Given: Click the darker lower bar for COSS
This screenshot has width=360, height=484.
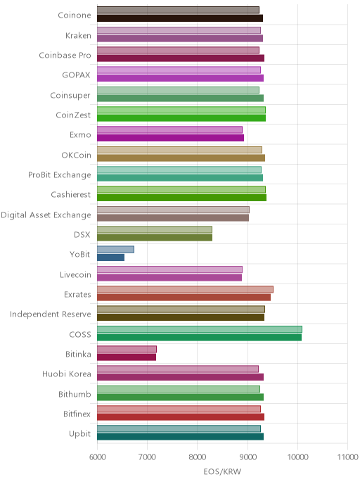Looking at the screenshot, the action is (x=199, y=337).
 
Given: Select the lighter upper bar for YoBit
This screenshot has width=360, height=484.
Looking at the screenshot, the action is (x=115, y=250).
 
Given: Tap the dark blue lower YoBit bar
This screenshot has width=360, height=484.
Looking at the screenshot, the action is (x=111, y=257).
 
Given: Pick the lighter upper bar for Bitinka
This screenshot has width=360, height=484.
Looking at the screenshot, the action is (x=127, y=349).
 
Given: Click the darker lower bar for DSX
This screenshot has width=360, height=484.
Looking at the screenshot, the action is (x=155, y=238).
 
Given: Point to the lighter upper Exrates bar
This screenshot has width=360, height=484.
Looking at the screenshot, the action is (x=185, y=289).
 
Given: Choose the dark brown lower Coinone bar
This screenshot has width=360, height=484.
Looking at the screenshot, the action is (x=180, y=18).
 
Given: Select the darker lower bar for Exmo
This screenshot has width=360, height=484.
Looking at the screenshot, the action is (x=170, y=138).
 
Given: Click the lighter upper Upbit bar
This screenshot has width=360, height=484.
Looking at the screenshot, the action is (x=179, y=428).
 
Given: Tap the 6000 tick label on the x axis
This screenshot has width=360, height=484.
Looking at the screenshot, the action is (x=98, y=457).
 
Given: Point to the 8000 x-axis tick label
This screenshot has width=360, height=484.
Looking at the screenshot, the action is (x=198, y=457).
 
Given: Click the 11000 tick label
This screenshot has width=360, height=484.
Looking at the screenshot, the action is (x=347, y=457).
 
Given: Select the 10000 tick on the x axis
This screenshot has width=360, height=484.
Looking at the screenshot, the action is (x=297, y=457).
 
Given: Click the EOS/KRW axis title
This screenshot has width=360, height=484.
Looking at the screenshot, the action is (x=222, y=471).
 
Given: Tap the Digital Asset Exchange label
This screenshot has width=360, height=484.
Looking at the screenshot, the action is (x=46, y=215).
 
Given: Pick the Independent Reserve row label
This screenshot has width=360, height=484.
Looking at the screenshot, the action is (x=51, y=314).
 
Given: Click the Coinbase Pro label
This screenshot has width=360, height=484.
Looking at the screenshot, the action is (x=65, y=56).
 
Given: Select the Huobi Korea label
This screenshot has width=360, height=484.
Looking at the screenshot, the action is (x=67, y=374).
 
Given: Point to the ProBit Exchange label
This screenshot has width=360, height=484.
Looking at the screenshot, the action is (x=60, y=175).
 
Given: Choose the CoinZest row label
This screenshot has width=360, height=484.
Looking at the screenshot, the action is (x=73, y=115).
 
